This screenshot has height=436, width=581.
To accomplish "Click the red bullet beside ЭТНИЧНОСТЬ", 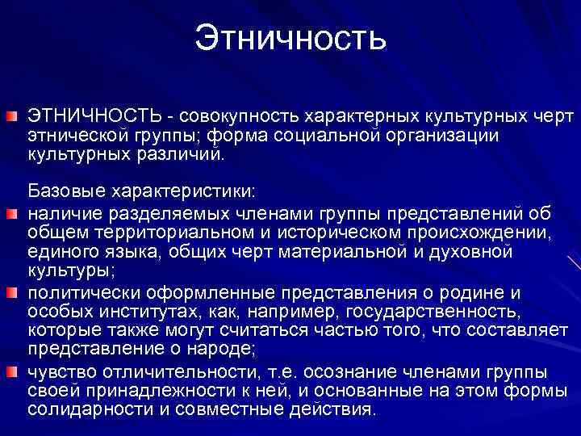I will coord(14,119).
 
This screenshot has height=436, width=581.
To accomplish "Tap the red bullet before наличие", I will coord(14,215).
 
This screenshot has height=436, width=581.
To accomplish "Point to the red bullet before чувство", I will coord(14,371).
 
